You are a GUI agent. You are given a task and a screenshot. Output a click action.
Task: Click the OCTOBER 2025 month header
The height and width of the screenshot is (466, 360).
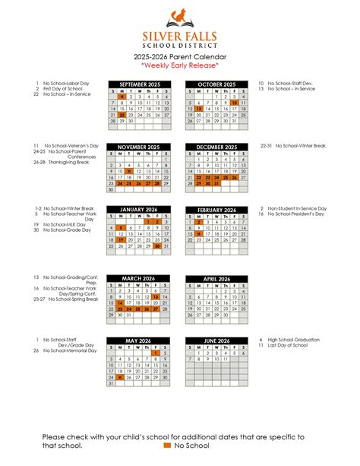216,84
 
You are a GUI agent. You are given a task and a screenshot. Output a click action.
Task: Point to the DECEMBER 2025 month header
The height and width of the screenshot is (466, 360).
216,147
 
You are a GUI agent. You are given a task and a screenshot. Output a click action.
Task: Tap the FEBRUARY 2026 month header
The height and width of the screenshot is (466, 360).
216,209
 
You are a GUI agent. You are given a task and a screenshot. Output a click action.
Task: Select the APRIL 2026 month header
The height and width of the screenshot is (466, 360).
216,278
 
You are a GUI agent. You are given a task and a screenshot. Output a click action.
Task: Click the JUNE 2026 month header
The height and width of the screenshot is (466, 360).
216,341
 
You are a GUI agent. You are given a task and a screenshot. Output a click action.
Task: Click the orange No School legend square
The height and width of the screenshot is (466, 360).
168,445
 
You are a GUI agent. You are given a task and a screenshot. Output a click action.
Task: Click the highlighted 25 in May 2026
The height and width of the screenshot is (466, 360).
121,377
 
